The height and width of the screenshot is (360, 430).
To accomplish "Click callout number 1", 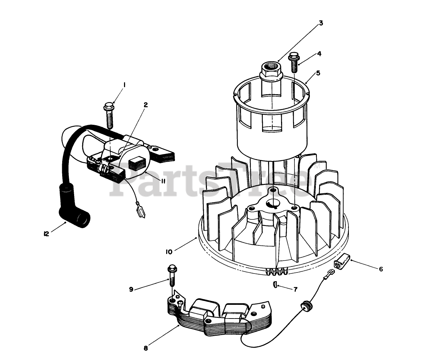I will (x=124, y=84).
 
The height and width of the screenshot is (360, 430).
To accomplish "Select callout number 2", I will (x=145, y=105).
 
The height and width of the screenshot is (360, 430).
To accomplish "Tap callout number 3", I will (x=321, y=23).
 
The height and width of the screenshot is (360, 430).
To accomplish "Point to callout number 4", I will (x=319, y=54).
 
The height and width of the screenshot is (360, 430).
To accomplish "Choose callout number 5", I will (x=318, y=73).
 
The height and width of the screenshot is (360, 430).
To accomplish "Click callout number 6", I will (x=381, y=269).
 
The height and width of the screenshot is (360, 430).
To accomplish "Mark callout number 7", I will (x=295, y=289).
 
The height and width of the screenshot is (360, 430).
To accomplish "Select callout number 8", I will (x=146, y=349).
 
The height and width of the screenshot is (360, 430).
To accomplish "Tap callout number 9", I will (x=131, y=289).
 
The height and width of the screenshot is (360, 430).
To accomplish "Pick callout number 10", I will (x=169, y=252).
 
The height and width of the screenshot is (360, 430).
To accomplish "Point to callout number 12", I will (x=46, y=234).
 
